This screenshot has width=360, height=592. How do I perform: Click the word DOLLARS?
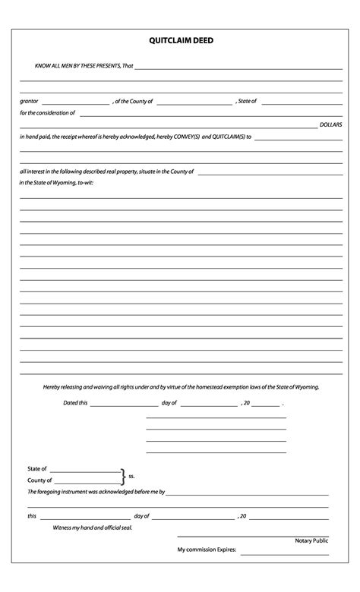(330, 123)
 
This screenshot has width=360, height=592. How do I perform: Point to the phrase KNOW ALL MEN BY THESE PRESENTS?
(72, 66)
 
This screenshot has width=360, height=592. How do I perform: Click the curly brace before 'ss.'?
(123, 476)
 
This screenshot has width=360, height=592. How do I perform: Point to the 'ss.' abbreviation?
(131, 477)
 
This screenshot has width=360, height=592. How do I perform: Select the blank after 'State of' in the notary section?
(84, 471)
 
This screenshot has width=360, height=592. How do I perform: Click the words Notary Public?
(311, 540)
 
